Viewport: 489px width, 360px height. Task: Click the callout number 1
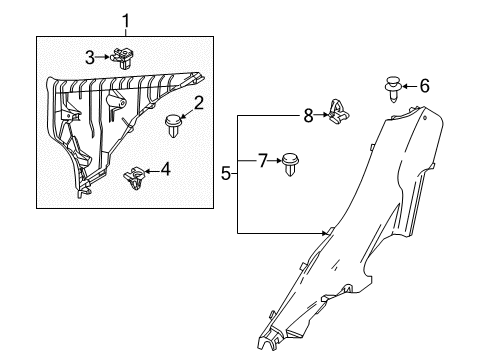126,21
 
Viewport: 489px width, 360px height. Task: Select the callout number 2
198,103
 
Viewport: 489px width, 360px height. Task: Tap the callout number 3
90,58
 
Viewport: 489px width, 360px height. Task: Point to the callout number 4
166,169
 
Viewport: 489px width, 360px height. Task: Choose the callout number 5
226,174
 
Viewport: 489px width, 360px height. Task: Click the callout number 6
424,86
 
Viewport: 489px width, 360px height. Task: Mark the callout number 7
263,161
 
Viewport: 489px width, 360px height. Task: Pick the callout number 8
308,116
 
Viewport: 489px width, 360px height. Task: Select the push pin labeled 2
173,125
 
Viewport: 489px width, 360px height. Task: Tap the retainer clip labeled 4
134,178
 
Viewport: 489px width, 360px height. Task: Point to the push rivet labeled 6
393,89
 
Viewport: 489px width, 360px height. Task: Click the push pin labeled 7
290,164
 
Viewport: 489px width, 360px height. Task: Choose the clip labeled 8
339,111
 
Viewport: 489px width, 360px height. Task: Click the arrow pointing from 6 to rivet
410,86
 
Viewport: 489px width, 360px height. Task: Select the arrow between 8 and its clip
321,115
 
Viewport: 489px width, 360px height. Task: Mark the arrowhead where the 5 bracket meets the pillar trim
326,233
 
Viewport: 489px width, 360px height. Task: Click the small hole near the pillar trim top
425,118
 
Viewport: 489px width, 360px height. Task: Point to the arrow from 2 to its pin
186,112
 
